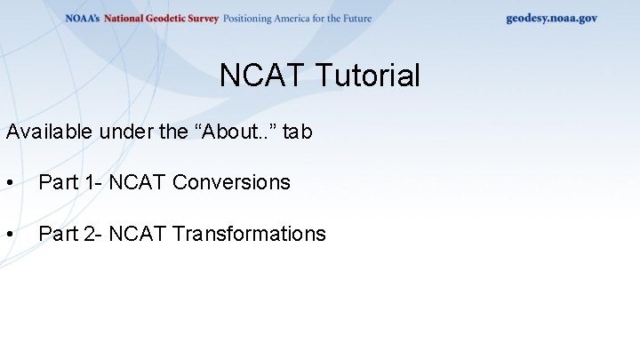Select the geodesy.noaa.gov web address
tap(551, 18)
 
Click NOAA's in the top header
tap(83, 19)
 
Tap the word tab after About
tap(298, 132)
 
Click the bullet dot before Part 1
tap(9, 183)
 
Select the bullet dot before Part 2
tap(9, 235)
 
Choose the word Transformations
tap(249, 234)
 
